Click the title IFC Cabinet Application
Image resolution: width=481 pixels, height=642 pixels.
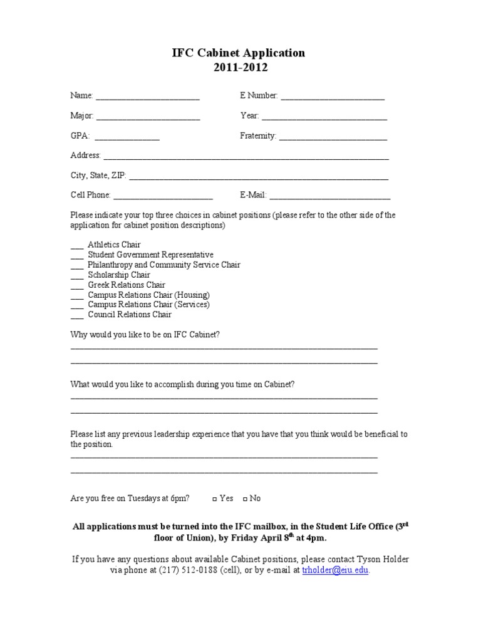pos(239,53)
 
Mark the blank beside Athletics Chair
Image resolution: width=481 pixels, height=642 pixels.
pos(77,246)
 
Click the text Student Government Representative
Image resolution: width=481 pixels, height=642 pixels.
pos(150,255)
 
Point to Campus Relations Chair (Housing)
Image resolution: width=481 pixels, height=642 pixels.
pos(148,295)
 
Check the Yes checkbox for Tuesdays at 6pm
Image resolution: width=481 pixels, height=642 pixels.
pos(214,499)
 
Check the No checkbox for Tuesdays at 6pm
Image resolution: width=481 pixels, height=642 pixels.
pos(245,499)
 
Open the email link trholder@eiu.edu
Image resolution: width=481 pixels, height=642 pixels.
pos(335,571)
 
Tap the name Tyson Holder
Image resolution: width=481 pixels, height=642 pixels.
pos(382,559)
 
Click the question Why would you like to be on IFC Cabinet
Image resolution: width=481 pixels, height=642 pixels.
pos(145,335)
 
